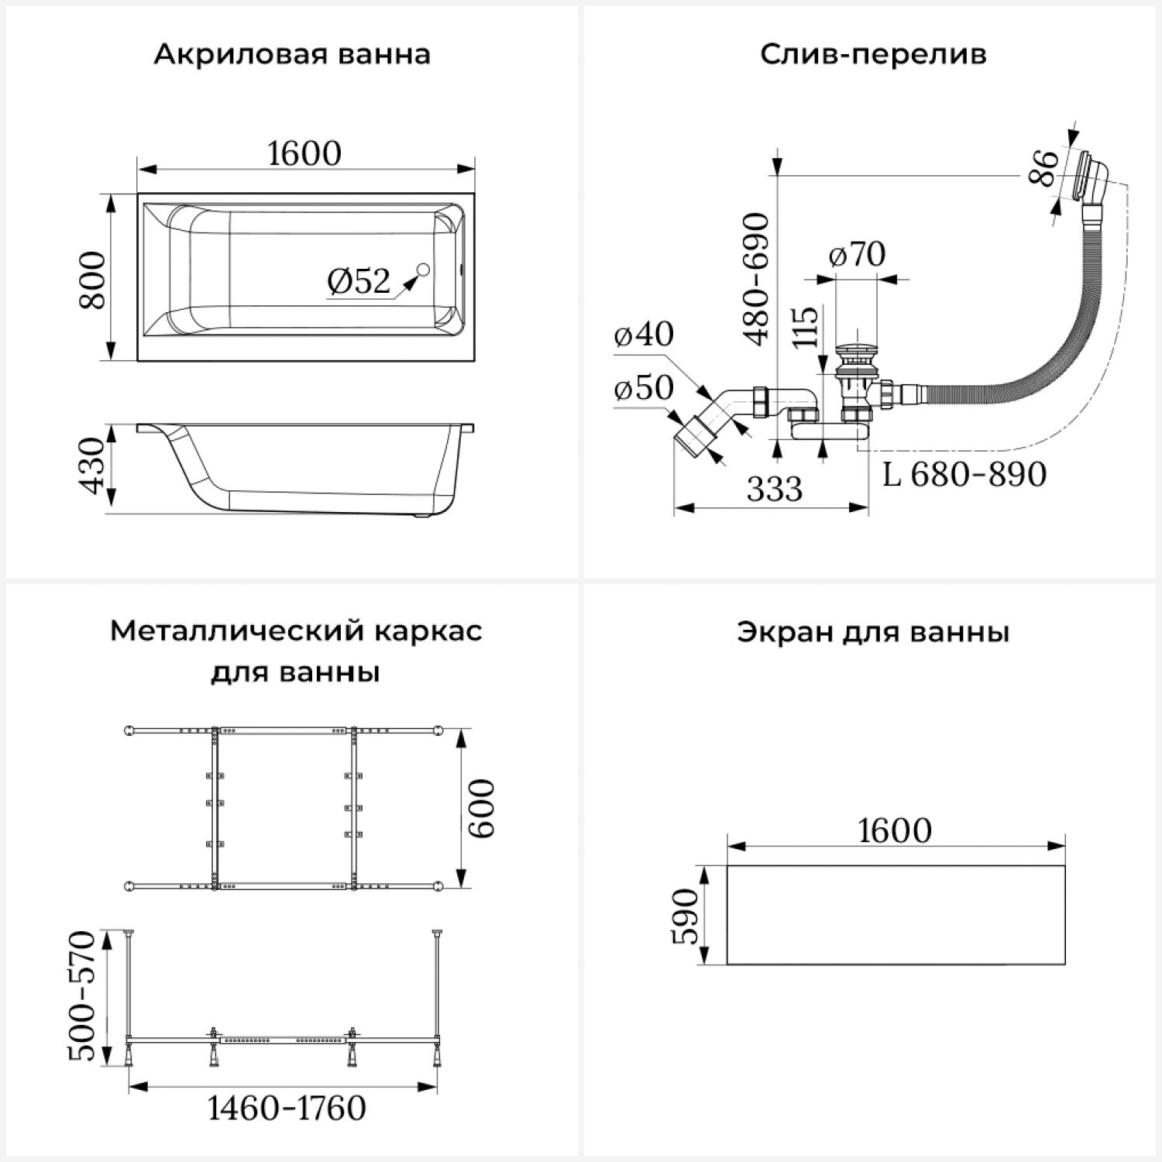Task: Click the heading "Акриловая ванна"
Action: pyautogui.click(x=291, y=55)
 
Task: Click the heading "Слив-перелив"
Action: pyautogui.click(x=873, y=55)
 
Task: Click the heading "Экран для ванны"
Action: pyautogui.click(x=873, y=632)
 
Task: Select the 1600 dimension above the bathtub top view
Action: pyautogui.click(x=304, y=153)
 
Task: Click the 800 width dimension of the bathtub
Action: pyautogui.click(x=93, y=280)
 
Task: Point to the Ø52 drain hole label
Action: pyautogui.click(x=359, y=280)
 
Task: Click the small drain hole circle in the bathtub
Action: pyautogui.click(x=423, y=270)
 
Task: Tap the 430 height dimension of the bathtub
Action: pyautogui.click(x=93, y=466)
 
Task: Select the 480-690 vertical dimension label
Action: pyautogui.click(x=755, y=279)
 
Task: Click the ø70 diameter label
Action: pyautogui.click(x=857, y=254)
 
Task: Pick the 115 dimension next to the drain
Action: pyautogui.click(x=805, y=326)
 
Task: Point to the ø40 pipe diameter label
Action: pyautogui.click(x=643, y=334)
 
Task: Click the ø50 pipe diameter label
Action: pyautogui.click(x=643, y=387)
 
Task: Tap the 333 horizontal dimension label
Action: pyautogui.click(x=775, y=489)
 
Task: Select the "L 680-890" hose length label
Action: pyautogui.click(x=964, y=474)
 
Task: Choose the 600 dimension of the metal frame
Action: pyautogui.click(x=481, y=808)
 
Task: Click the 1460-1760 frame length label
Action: pyautogui.click(x=287, y=1109)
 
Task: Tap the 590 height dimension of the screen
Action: pyautogui.click(x=686, y=916)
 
